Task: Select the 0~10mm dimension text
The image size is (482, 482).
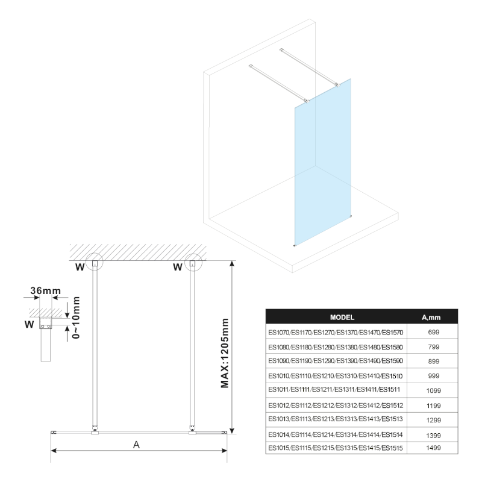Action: pyautogui.click(x=76, y=318)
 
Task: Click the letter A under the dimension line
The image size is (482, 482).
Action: pyautogui.click(x=136, y=445)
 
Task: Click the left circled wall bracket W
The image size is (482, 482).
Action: pyautogui.click(x=94, y=263)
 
